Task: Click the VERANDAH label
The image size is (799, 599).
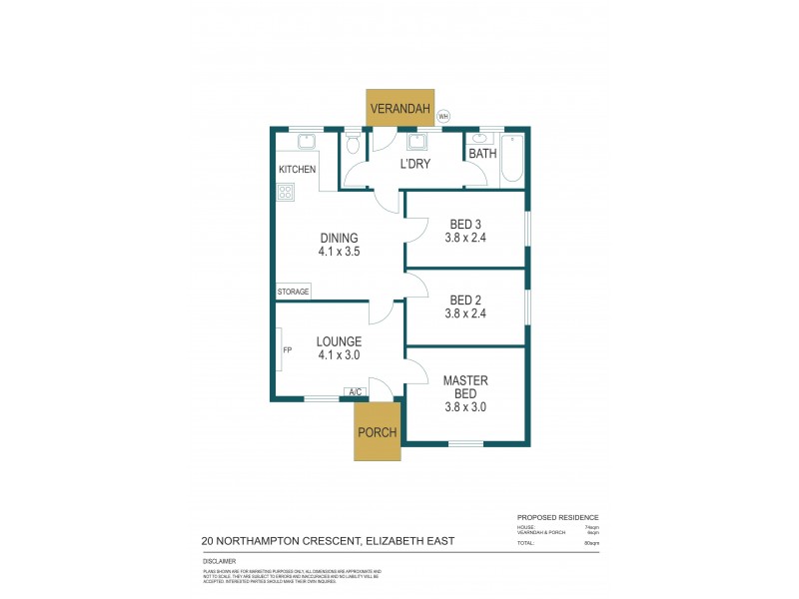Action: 399,109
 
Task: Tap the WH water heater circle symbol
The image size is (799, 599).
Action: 444,116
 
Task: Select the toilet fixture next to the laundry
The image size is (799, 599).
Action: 353,145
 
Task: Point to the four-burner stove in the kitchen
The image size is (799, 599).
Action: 286,193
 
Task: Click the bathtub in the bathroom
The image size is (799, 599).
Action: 511,158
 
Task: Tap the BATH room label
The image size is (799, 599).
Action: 482,155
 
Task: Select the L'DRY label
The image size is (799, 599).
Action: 414,164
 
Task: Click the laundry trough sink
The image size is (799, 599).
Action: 417,141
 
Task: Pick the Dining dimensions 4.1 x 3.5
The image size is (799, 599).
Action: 340,253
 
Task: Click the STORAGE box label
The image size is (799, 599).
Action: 294,292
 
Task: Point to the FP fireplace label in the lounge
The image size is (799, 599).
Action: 287,350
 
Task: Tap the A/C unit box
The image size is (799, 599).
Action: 354,391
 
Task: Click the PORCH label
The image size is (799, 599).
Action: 379,432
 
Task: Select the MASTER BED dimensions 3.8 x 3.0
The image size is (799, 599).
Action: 464,407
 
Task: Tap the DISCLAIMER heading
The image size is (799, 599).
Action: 219,563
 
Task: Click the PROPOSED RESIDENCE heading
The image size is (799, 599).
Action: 557,517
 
